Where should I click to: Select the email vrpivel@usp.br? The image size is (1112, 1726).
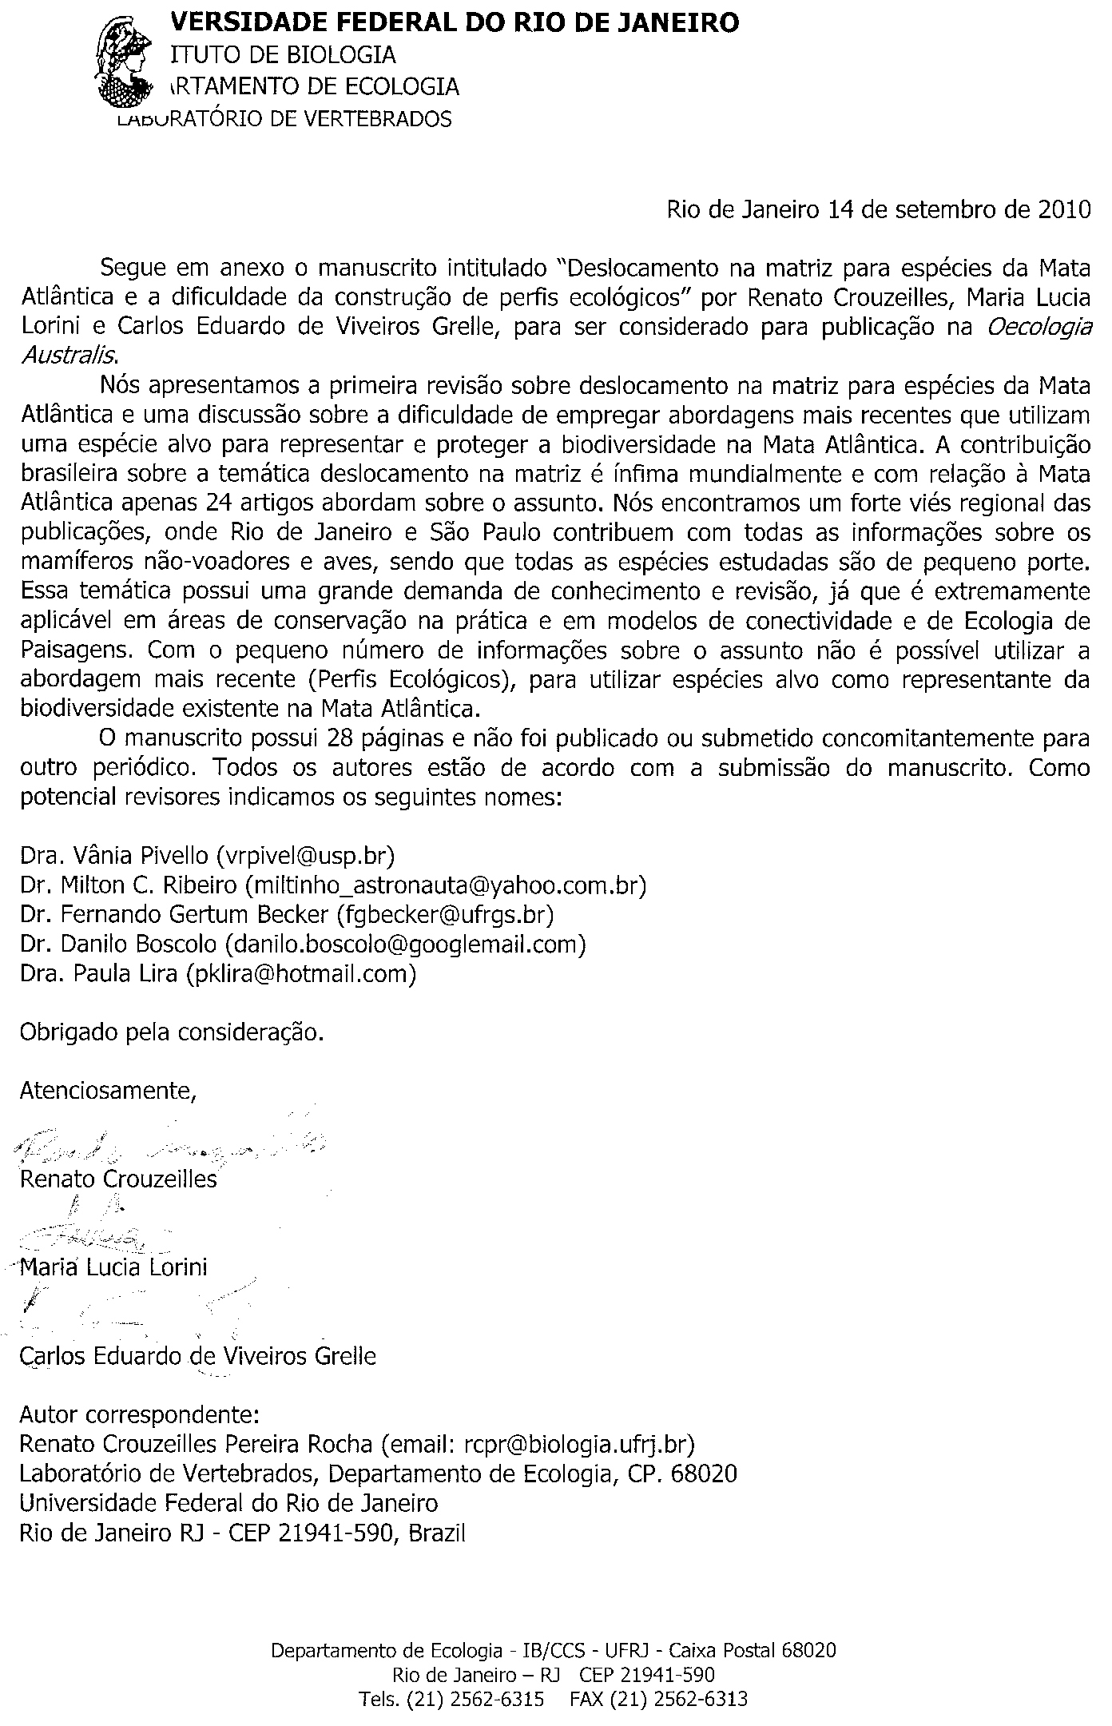[306, 856]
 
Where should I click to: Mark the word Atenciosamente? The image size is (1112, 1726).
[108, 1089]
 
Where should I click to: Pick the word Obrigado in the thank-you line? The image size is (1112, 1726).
[69, 1032]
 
